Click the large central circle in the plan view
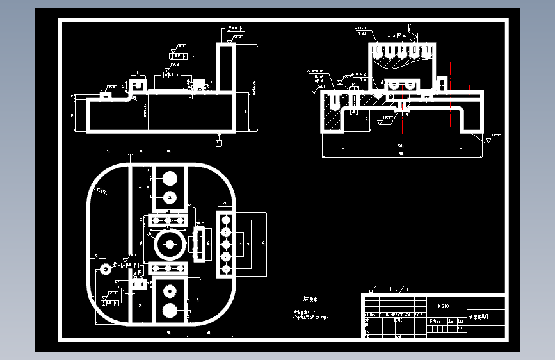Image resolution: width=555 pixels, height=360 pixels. coord(170,243)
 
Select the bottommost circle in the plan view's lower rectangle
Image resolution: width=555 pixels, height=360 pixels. coord(170,311)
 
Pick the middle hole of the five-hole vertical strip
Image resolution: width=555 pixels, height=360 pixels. coord(225,244)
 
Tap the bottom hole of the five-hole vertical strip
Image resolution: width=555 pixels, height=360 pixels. coord(225,268)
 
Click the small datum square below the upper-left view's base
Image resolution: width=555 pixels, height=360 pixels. coord(220,143)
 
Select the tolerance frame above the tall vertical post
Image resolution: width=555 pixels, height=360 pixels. coord(235,29)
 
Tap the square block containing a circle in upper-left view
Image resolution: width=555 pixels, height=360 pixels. coord(137,84)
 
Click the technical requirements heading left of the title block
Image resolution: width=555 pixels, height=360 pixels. coord(310,299)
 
